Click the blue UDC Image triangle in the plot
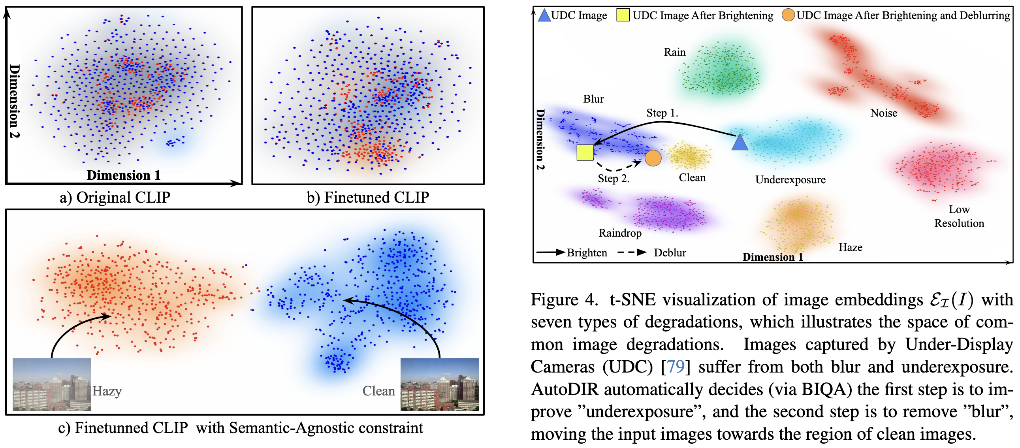coord(739,143)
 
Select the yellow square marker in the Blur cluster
coord(585,152)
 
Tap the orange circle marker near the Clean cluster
coord(653,158)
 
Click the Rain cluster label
coord(675,52)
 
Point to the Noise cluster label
coord(883,113)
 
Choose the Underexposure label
coord(790,180)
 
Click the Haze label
coord(850,248)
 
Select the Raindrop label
coord(620,233)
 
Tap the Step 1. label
coord(662,113)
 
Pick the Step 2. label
coord(614,179)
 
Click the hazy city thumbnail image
coord(51,384)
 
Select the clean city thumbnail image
coord(440,384)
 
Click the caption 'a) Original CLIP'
coord(115,197)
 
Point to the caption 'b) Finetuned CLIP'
coord(368,197)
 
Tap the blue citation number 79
coord(676,367)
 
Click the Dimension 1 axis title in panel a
coord(124,175)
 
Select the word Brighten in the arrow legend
coord(587,253)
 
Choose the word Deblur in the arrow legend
coord(670,253)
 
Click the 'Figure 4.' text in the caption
coord(564,300)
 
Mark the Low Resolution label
coord(959,216)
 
